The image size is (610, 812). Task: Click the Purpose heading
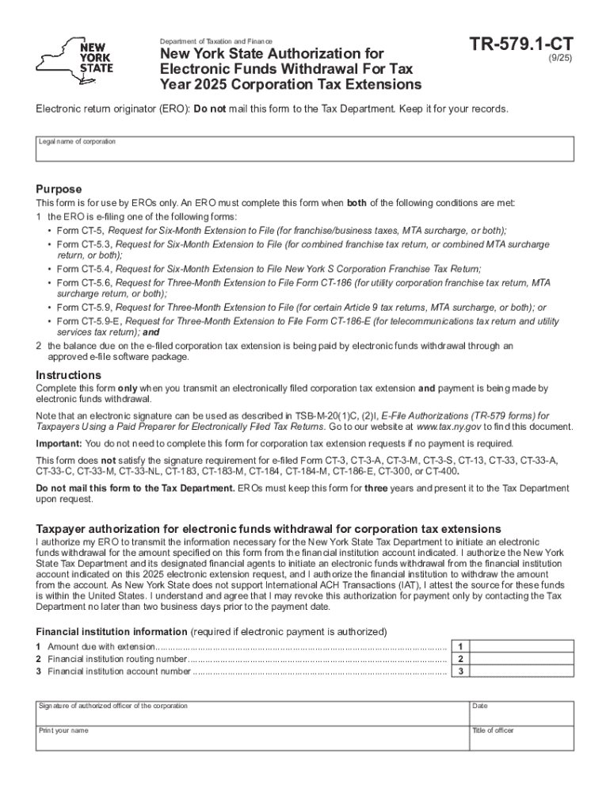pos(59,189)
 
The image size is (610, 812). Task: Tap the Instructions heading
pos(68,375)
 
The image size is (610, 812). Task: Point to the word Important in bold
pos(59,443)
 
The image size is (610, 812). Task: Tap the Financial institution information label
pos(111,631)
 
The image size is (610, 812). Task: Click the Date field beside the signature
pos(521,713)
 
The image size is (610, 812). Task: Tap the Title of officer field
pos(521,737)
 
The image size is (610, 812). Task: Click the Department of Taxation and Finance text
pos(215,41)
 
